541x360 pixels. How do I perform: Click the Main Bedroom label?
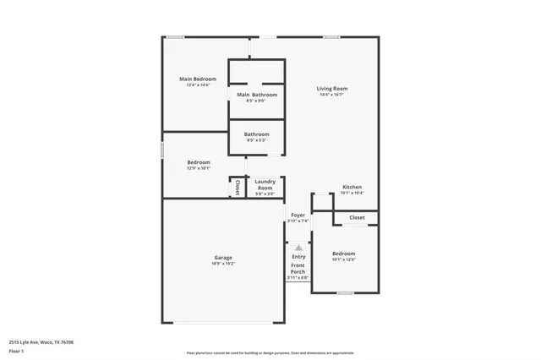(x=197, y=79)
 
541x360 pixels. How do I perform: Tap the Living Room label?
(x=332, y=88)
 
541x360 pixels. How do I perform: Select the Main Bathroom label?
(x=257, y=95)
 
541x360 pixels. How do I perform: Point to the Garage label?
(x=223, y=257)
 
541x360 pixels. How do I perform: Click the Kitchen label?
(x=352, y=187)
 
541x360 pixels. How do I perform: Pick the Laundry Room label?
(x=265, y=184)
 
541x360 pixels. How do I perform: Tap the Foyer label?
(x=298, y=215)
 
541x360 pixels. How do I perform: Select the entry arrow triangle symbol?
(x=298, y=247)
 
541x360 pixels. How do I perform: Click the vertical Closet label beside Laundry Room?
(x=238, y=186)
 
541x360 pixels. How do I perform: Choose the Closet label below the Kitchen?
(x=357, y=217)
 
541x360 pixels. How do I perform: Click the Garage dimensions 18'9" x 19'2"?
(x=223, y=264)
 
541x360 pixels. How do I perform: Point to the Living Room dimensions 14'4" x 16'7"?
(x=332, y=95)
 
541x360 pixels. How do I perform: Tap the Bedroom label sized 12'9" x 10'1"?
(x=199, y=161)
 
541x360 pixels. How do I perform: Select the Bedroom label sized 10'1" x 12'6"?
(x=343, y=254)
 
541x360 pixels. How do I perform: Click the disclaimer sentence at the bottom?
(x=270, y=352)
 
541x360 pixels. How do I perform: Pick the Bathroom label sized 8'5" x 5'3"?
(x=257, y=134)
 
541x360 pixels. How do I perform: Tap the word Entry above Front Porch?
(x=298, y=257)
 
